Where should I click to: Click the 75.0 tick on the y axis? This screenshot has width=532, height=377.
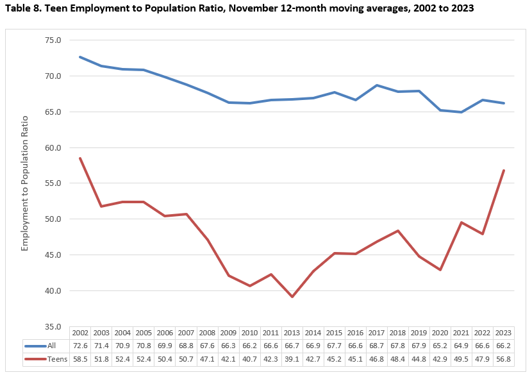pos(53,40)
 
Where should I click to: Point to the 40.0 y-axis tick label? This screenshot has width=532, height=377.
pos(53,291)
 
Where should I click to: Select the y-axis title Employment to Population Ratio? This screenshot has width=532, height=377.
pos(26,183)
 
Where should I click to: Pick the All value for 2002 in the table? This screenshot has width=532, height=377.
pos(80,346)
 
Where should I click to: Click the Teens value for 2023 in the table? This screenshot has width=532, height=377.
pos(504,358)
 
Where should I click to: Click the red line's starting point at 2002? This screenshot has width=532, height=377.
pos(80,158)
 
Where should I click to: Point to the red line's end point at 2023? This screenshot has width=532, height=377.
pos(504,171)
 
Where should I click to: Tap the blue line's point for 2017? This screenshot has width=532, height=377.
pos(377,85)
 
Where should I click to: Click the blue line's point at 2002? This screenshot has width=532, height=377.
pos(80,57)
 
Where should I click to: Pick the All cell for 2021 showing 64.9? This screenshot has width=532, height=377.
pos(461,346)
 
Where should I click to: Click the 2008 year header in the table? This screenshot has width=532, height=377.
pos(207,333)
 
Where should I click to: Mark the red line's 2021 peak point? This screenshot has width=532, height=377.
pos(461,222)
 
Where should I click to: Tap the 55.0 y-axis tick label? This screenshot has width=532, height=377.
pos(53,183)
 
